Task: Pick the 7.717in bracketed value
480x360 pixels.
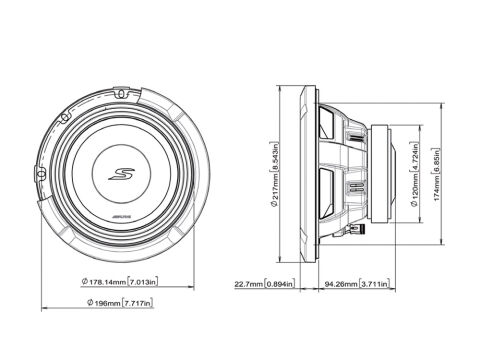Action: [141, 301]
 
